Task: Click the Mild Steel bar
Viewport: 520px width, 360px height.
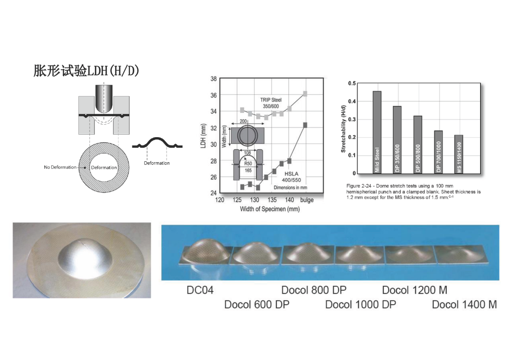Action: tap(377, 132)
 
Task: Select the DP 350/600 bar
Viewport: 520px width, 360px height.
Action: tap(397, 140)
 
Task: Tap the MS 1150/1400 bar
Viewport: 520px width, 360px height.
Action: tap(459, 154)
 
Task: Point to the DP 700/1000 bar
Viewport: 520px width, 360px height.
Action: tap(439, 152)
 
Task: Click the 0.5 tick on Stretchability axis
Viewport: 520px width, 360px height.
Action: tap(352, 84)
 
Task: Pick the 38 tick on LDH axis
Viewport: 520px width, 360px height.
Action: tap(214, 79)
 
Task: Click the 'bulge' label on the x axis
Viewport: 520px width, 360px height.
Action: tap(307, 200)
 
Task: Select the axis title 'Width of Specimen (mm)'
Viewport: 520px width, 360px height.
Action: tap(270, 209)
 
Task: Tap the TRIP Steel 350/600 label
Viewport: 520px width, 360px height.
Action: tap(271, 103)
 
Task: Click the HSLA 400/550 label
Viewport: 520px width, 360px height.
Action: tap(291, 177)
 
